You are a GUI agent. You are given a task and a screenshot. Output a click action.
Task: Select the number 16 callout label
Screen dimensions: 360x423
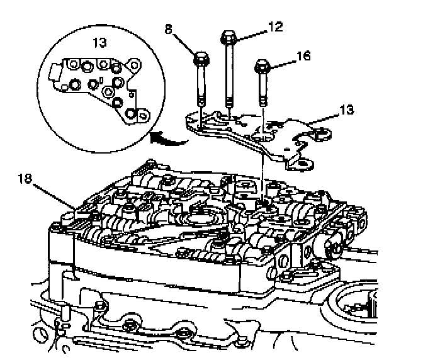[303, 56]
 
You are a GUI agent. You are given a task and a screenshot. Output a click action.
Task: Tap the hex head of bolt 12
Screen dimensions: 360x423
[228, 37]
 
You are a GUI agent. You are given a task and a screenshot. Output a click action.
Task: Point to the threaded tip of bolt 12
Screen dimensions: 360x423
[229, 101]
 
